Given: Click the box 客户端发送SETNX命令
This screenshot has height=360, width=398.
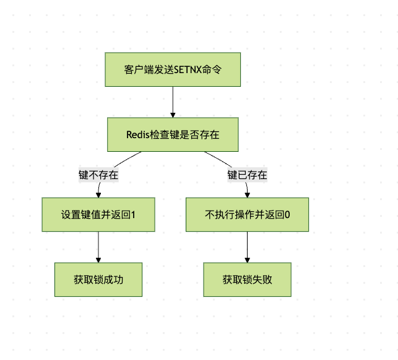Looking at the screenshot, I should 173,69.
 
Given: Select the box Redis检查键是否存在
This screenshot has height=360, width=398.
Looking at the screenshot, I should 173,135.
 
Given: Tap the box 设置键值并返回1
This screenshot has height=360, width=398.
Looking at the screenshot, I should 98,214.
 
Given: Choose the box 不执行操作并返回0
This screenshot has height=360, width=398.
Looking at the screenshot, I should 248,214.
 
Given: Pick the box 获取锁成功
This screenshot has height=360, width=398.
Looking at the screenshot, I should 98,279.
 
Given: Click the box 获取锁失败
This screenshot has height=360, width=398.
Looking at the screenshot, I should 248,279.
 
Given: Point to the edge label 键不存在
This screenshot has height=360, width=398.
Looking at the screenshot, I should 98,175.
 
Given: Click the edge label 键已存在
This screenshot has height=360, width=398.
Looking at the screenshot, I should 248,175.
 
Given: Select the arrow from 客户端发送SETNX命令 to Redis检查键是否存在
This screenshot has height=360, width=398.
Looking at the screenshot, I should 173,100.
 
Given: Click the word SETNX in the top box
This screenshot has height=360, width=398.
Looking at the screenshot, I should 188,69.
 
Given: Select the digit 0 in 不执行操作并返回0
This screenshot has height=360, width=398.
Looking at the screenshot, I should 287,214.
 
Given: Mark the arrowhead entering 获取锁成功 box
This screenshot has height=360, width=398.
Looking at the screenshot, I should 98,260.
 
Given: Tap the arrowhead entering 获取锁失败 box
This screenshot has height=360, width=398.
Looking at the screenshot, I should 248,260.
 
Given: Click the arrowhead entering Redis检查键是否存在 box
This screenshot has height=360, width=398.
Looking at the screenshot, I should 173,115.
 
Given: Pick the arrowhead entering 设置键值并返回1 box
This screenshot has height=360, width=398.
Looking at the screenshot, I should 98,195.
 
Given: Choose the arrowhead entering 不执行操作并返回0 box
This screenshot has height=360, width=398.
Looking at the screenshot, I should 248,195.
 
